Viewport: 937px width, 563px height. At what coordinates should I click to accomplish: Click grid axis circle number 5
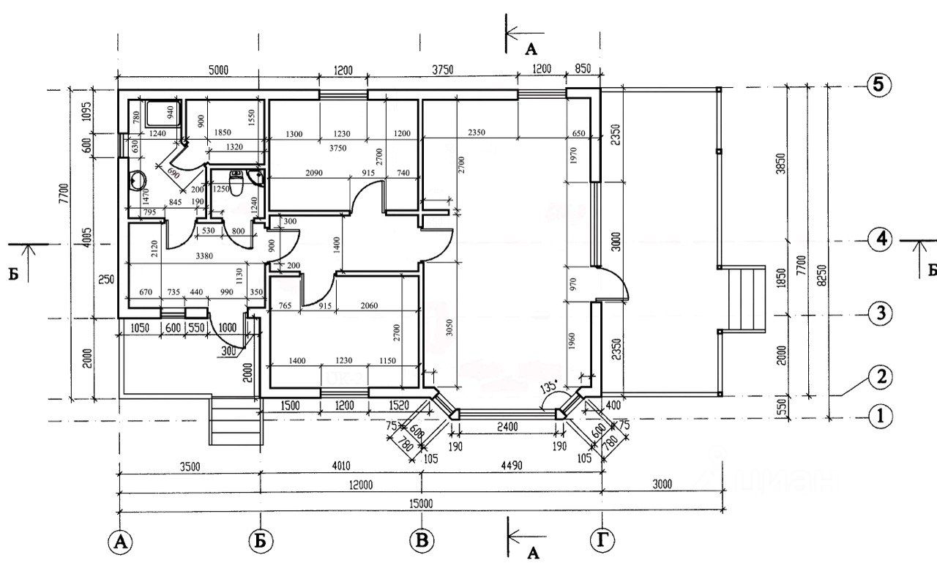coord(879,84)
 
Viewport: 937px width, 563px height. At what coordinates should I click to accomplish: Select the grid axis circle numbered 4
coord(879,239)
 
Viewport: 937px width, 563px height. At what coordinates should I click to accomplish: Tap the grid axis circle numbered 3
coord(880,314)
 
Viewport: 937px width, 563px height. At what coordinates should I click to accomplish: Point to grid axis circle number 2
coord(881,377)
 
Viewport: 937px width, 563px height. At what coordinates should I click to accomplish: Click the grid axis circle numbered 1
coord(881,417)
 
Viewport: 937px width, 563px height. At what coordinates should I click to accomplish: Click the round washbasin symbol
coord(137,180)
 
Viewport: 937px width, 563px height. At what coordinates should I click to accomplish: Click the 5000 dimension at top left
coord(219,70)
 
